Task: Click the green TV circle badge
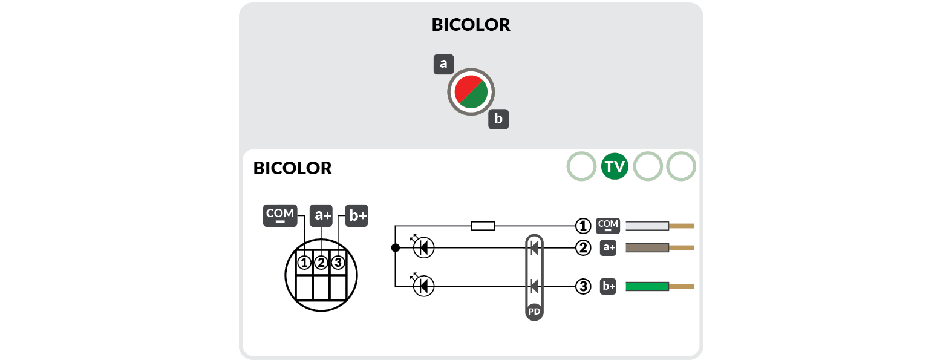click(x=615, y=166)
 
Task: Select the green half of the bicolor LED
click(x=477, y=98)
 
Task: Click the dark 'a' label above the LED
click(x=443, y=64)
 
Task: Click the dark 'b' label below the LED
click(x=498, y=119)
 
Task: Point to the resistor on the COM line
click(x=483, y=226)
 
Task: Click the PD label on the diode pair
click(x=534, y=312)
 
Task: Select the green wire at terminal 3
click(x=647, y=286)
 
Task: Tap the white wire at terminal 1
click(x=647, y=226)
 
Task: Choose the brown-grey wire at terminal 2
click(x=647, y=247)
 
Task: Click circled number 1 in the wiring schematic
click(x=582, y=226)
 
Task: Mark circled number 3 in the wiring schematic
click(x=582, y=286)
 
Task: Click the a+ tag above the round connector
click(x=321, y=215)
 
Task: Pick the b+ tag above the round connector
click(x=356, y=215)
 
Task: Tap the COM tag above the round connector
click(x=279, y=215)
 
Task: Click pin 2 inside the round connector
click(x=321, y=263)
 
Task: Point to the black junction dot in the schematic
click(x=395, y=247)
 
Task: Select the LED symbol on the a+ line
click(x=423, y=247)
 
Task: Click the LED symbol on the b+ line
click(x=423, y=286)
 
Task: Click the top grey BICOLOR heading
click(x=471, y=25)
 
